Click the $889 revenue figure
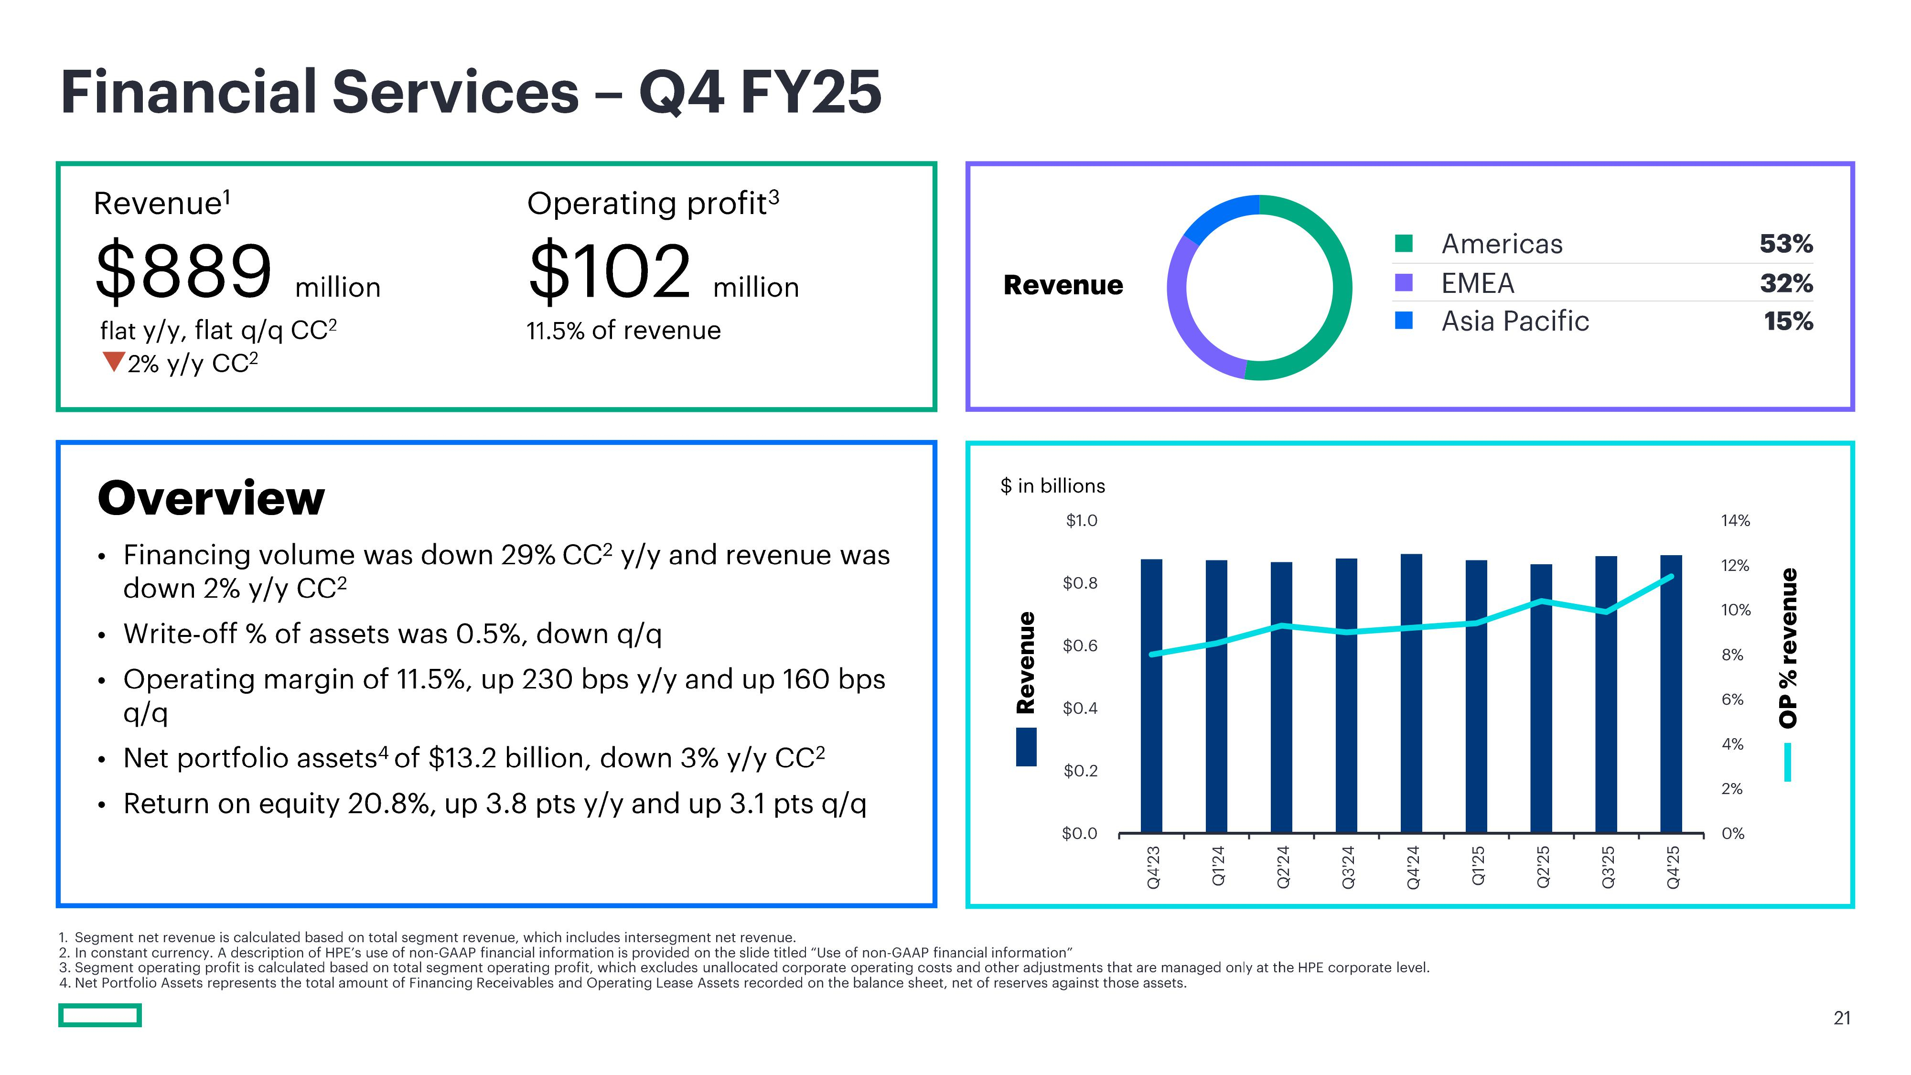coord(184,271)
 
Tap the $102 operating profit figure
coord(610,271)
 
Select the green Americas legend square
coord(1404,243)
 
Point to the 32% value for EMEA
coord(1786,283)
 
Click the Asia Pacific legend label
coord(1515,321)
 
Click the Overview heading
coord(212,498)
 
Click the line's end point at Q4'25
coord(1671,577)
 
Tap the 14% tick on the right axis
coord(1735,521)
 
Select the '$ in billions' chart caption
coord(1052,486)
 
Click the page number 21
coord(1841,1018)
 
